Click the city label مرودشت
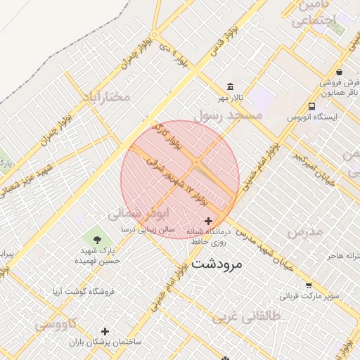[x=216, y=264]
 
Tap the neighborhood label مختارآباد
[x=106, y=96]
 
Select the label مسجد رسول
[x=229, y=115]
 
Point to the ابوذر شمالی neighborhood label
[x=135, y=212]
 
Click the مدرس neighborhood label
[x=304, y=231]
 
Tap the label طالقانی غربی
[x=246, y=317]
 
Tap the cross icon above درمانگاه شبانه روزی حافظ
[x=208, y=221]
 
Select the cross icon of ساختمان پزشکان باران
[x=105, y=331]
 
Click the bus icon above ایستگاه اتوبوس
[x=311, y=106]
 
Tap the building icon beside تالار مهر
[x=231, y=86]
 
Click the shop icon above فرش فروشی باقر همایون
[x=339, y=72]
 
